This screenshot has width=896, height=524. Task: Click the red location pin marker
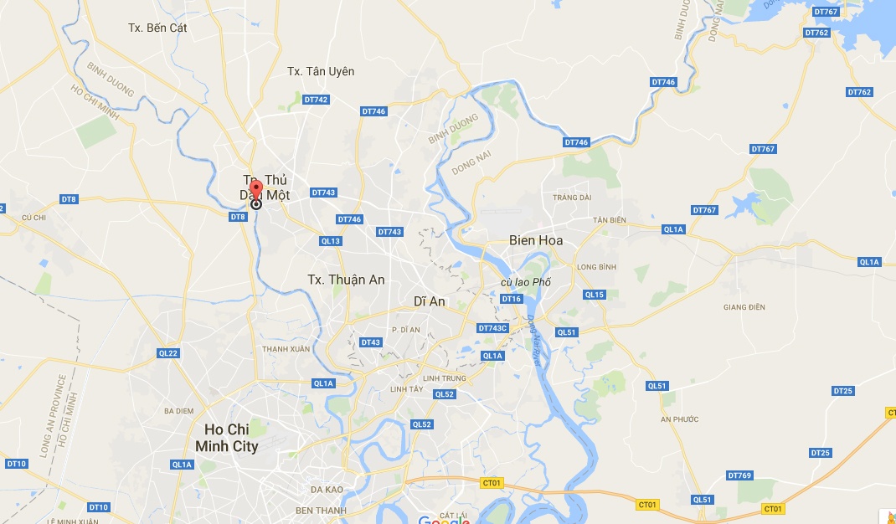[x=256, y=188]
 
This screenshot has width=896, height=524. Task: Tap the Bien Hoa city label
[x=536, y=240]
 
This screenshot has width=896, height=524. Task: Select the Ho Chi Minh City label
[x=226, y=438]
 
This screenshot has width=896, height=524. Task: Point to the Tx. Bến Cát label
[x=157, y=28]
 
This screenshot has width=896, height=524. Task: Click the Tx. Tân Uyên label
[x=321, y=71]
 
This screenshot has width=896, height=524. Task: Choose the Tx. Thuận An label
[x=346, y=280]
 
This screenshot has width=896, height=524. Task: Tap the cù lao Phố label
[x=526, y=282]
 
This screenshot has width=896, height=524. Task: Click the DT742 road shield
[x=316, y=100]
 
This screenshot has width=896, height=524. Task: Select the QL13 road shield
[x=331, y=241]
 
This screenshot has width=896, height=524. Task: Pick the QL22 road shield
[x=168, y=353]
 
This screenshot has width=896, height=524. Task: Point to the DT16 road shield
[x=512, y=299]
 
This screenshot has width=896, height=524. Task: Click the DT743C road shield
[x=492, y=328]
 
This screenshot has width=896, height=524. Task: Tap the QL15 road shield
[x=595, y=295]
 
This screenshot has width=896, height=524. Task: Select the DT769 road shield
[x=739, y=475]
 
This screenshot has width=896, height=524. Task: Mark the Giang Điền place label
[x=744, y=307]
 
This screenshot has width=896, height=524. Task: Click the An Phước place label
[x=679, y=419]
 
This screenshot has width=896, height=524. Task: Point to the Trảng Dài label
[x=572, y=198]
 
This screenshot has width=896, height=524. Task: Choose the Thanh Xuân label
[x=286, y=348]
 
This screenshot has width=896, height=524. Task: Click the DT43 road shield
[x=371, y=342]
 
